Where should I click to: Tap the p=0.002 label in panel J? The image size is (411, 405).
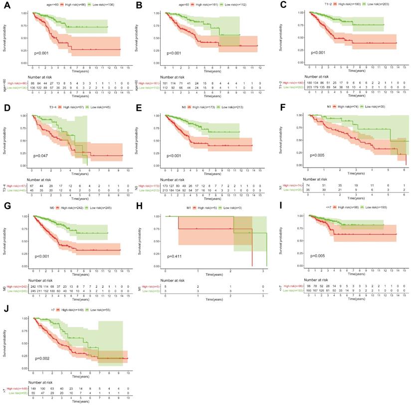(43, 358)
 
